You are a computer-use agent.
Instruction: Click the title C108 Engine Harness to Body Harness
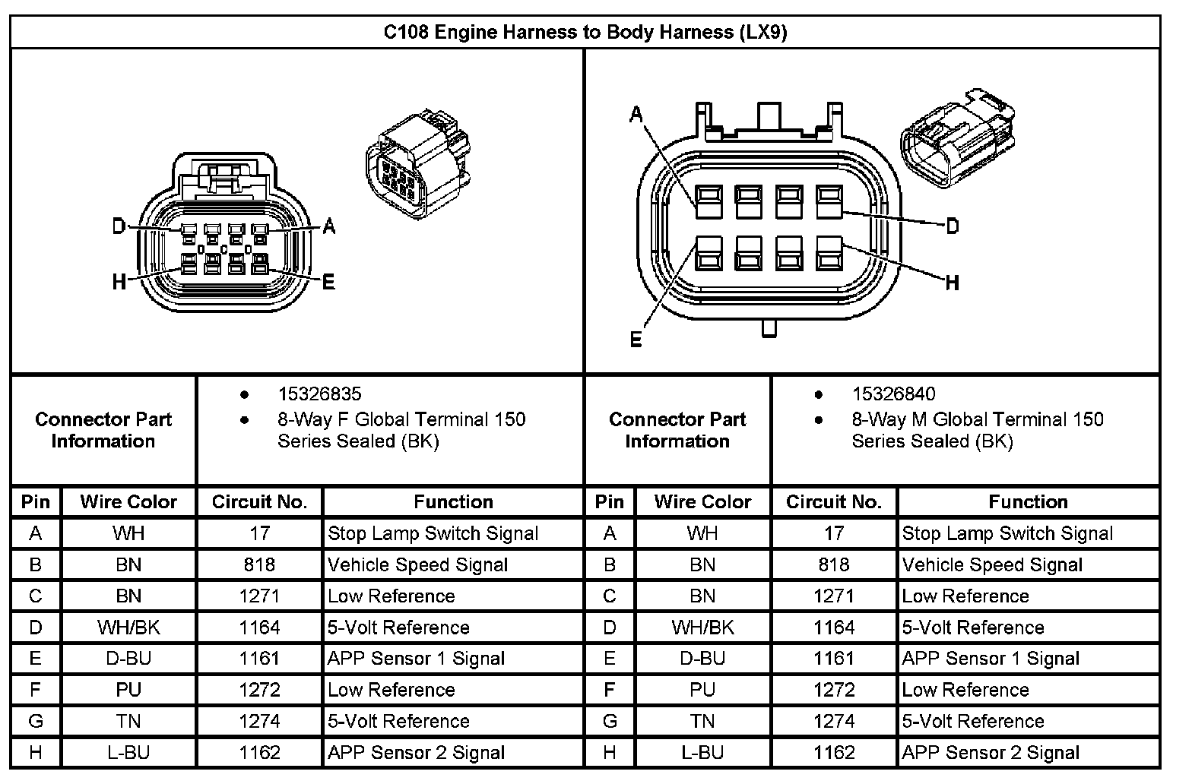(585, 32)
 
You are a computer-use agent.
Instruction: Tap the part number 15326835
(319, 394)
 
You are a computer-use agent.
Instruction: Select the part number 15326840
(893, 394)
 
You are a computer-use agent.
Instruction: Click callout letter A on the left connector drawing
(328, 226)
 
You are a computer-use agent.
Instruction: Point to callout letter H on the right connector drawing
(952, 283)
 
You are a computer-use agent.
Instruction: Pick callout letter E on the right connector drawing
(636, 339)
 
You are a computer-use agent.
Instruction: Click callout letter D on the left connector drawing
(119, 226)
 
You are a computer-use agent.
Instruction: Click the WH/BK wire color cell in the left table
(128, 628)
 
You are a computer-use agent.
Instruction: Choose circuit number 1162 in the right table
(834, 752)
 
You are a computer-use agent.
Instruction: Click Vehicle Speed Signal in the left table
(417, 564)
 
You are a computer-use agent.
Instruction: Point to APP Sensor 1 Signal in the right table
(991, 659)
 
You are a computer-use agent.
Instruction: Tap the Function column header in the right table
(1028, 501)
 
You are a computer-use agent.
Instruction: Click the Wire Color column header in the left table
(128, 501)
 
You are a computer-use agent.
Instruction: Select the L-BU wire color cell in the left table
(128, 752)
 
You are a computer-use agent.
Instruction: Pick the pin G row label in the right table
(610, 721)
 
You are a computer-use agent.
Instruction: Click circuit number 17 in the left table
(260, 533)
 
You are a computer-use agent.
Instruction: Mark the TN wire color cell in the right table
(702, 721)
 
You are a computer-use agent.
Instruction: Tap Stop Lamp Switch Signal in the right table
(1007, 533)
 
